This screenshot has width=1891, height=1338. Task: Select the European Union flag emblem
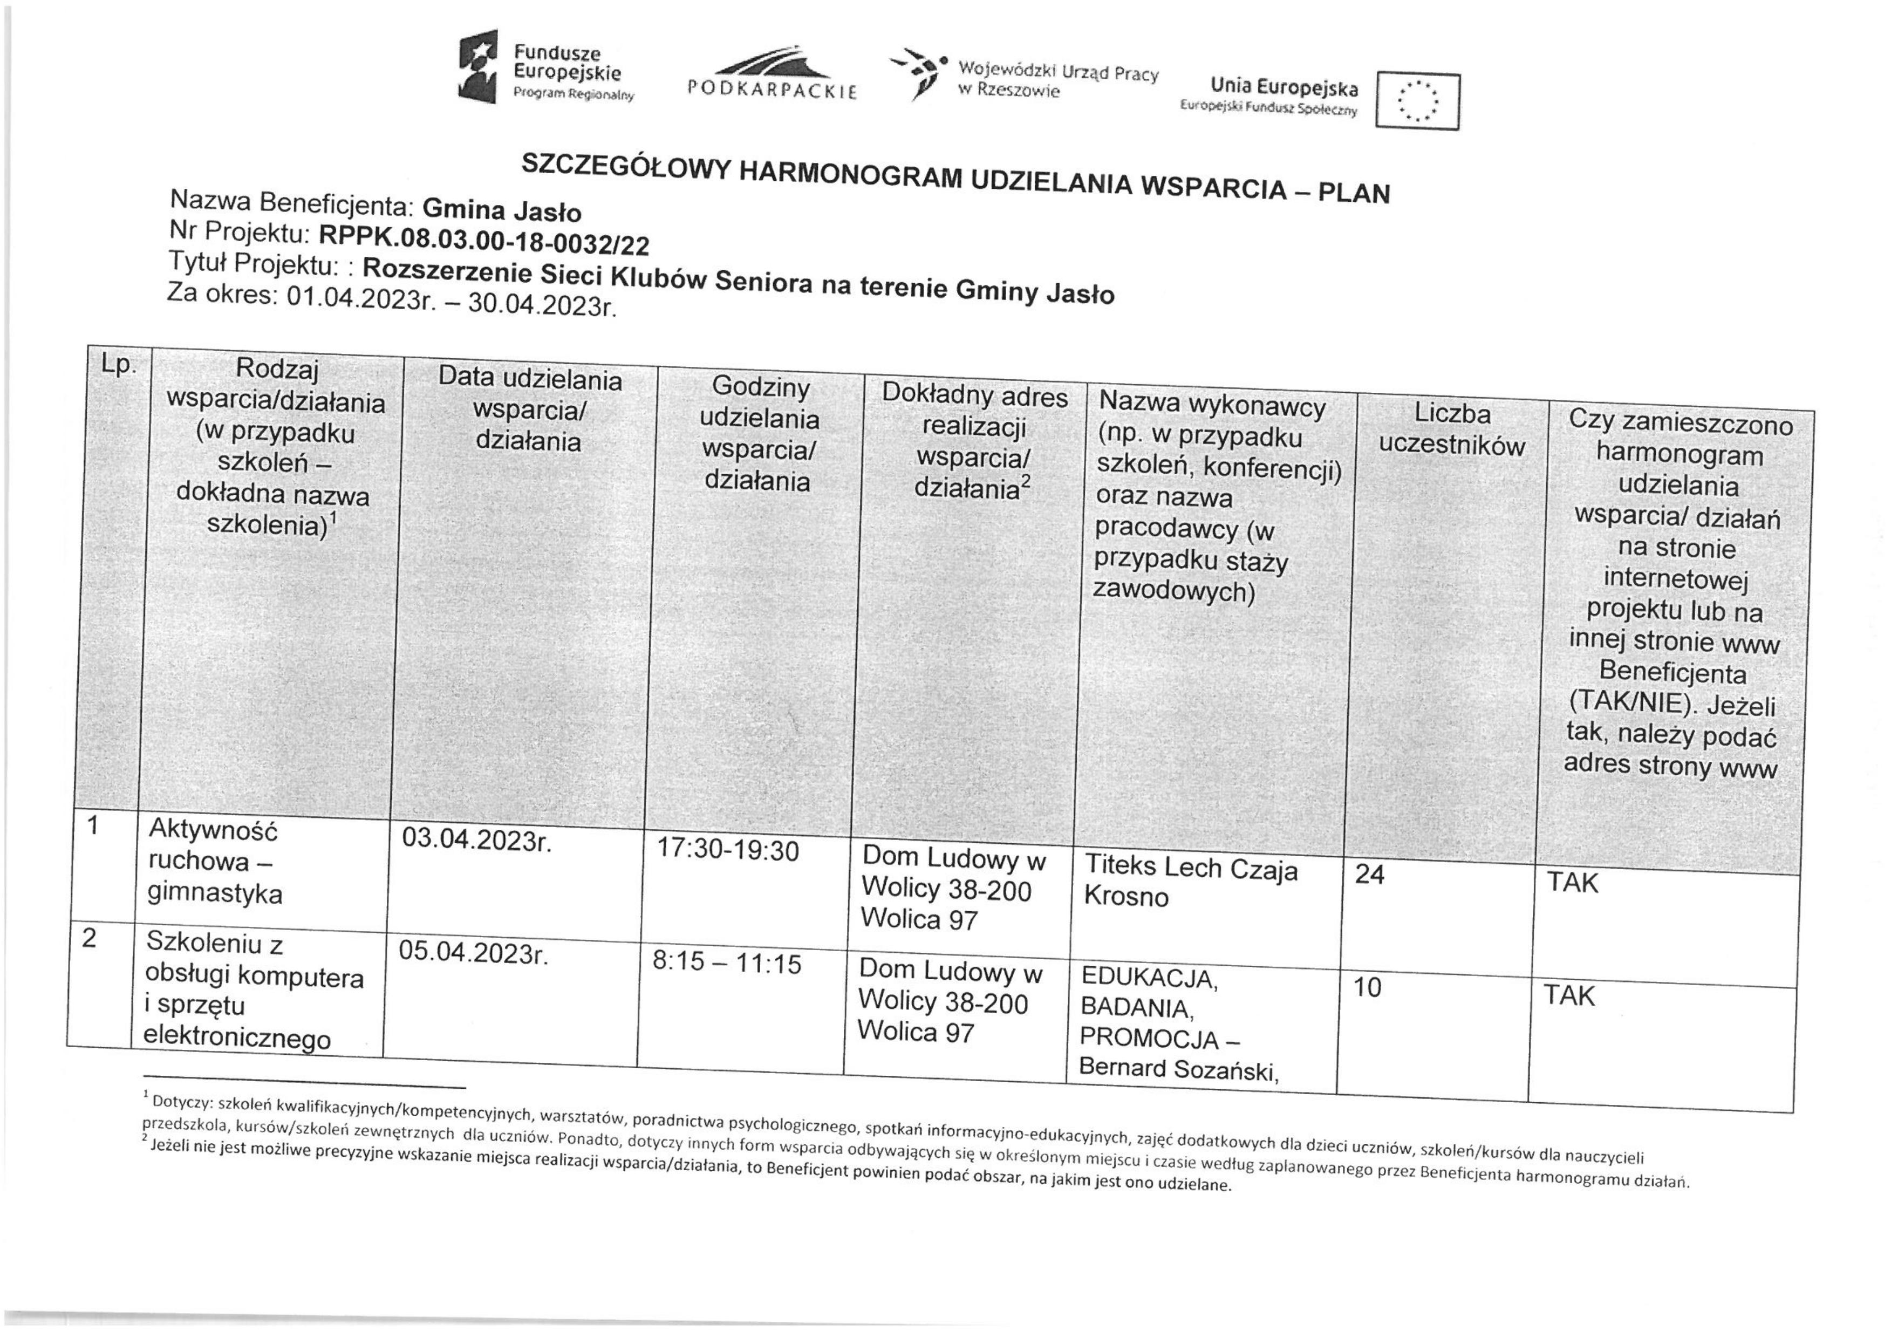tap(1417, 102)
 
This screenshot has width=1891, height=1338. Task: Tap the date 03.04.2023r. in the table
tap(475, 841)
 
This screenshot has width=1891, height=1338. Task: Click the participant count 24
tap(1369, 874)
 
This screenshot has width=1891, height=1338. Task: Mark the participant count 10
tap(1367, 987)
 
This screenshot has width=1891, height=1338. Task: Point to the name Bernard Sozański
tap(1178, 1069)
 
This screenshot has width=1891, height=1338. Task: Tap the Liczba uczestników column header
tap(1452, 429)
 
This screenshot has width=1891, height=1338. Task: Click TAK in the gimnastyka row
tap(1572, 883)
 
